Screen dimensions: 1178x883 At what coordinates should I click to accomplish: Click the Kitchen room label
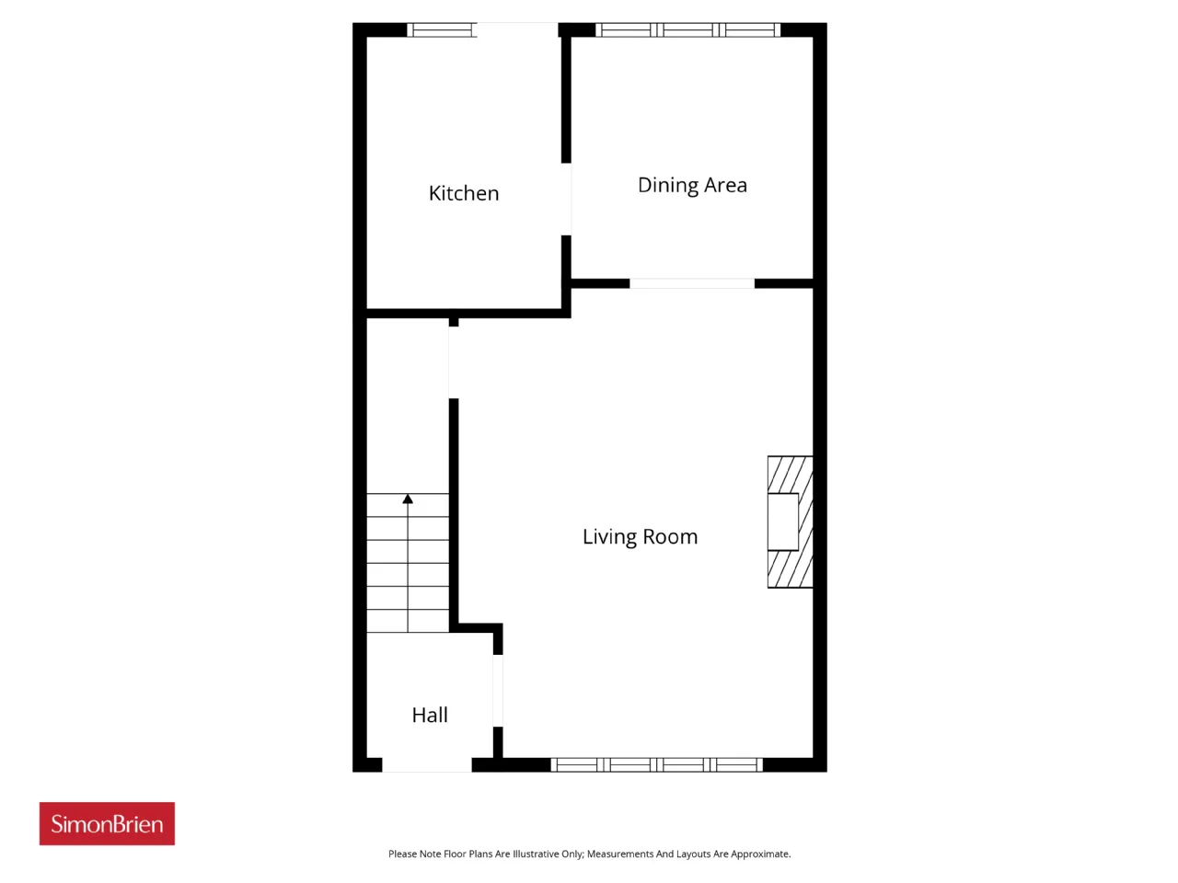(x=464, y=193)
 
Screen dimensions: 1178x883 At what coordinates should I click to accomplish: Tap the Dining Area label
(x=692, y=185)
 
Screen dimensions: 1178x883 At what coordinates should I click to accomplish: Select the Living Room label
(x=640, y=536)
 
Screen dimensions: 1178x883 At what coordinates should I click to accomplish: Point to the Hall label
(x=430, y=715)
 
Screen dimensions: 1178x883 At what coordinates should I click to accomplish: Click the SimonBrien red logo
(x=107, y=823)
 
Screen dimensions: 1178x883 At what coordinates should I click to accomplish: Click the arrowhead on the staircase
(x=408, y=499)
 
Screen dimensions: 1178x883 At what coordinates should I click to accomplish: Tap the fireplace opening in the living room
(x=783, y=522)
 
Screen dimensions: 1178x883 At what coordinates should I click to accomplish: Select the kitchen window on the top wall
(x=442, y=30)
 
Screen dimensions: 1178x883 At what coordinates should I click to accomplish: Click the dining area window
(x=687, y=30)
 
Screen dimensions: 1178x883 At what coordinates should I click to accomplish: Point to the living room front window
(x=657, y=764)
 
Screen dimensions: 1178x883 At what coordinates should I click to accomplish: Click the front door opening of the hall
(x=427, y=765)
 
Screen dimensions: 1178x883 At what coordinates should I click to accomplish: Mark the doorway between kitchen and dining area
(x=566, y=199)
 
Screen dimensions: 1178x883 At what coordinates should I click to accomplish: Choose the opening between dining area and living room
(x=692, y=283)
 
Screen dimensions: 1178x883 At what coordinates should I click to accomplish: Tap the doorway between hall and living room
(x=498, y=691)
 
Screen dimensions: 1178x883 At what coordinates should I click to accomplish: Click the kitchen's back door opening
(x=517, y=30)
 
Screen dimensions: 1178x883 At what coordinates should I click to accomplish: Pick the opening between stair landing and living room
(x=454, y=362)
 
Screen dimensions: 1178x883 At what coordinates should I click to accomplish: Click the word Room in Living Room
(x=670, y=536)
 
